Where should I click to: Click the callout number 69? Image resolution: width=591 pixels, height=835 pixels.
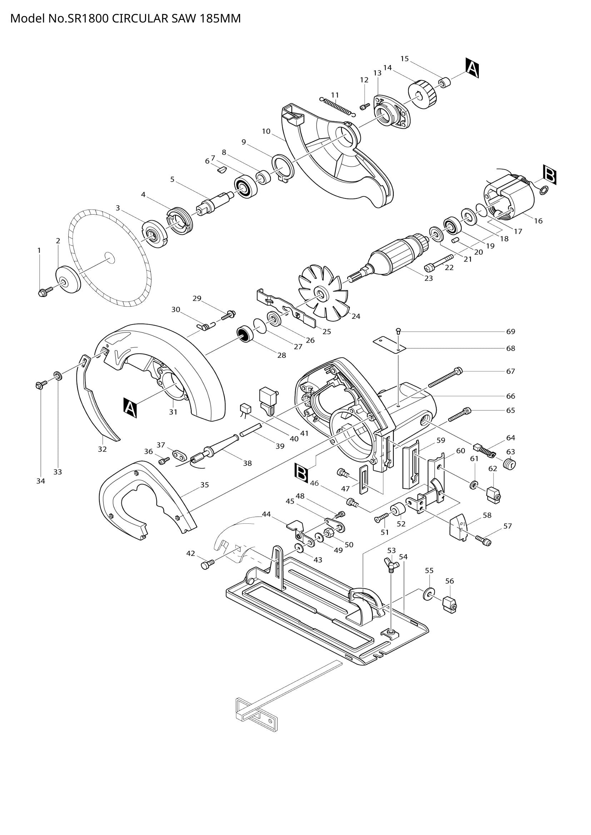pos(511,331)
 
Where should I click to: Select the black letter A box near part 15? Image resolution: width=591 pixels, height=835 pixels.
pos(472,69)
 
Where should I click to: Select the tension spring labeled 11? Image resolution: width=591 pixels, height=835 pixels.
pos(337,106)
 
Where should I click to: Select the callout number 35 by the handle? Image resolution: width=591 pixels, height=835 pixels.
pos(204,485)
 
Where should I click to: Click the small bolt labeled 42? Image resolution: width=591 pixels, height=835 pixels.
pos(207,564)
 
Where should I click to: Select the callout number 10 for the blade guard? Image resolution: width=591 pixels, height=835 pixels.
pos(266,131)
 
